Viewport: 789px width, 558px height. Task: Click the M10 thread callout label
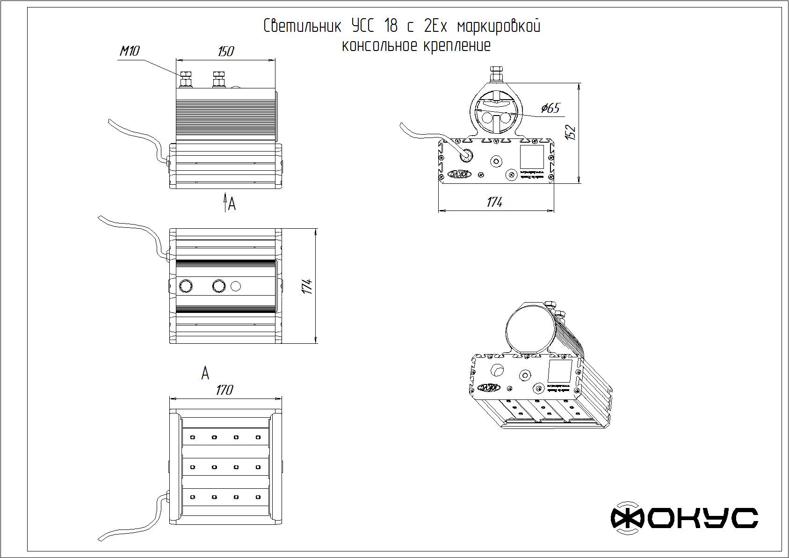130,51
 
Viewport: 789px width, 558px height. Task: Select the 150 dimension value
225,51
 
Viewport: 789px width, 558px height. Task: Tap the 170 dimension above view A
224,390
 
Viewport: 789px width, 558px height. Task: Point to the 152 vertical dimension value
571,132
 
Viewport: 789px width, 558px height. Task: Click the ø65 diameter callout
550,108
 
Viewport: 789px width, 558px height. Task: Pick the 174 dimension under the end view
494,202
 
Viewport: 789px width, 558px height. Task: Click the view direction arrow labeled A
225,203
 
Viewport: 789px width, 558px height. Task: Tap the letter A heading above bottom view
205,373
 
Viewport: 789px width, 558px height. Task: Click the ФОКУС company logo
684,518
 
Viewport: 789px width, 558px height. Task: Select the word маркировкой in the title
499,26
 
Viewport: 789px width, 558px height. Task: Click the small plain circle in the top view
236,285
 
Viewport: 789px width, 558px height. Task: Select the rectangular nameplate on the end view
532,157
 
